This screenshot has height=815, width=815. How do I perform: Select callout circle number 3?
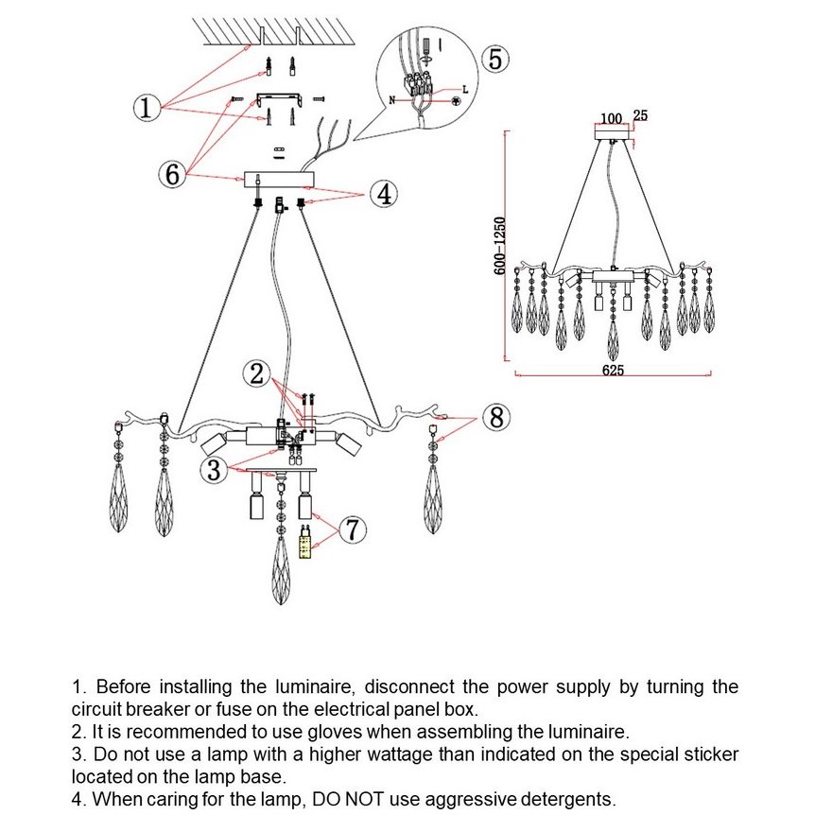coord(216,469)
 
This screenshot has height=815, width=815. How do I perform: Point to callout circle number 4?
coord(383,195)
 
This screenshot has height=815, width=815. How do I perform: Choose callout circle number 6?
coord(171,175)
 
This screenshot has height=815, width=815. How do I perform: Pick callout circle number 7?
coord(352,530)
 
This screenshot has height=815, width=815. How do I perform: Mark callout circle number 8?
coord(495,417)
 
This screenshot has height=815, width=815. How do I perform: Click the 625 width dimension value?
coord(613,371)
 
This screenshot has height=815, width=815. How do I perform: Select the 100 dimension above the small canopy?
coord(611,119)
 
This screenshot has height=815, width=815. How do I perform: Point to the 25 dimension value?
coord(640,116)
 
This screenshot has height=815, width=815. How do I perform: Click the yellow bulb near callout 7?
coord(304,544)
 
